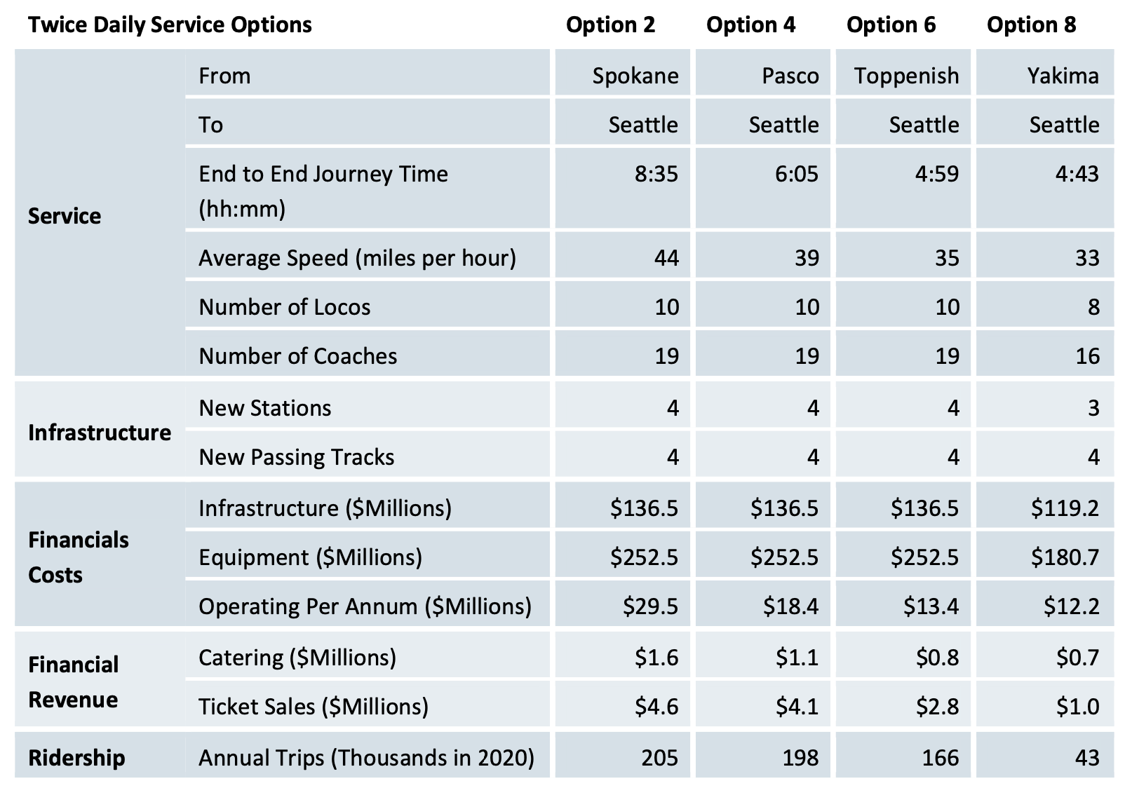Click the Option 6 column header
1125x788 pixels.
pos(891,25)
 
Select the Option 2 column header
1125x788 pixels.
pos(610,25)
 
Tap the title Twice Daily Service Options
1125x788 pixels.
pos(170,25)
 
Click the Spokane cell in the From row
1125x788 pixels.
pos(635,76)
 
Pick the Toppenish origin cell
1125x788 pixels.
pos(906,76)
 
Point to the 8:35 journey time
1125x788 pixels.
pos(656,174)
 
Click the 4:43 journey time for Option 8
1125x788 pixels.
pos(1077,174)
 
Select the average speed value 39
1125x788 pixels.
pos(807,258)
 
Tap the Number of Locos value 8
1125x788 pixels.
pos(1093,307)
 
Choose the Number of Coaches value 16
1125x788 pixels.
pos(1087,356)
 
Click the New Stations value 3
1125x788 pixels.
pos(1093,408)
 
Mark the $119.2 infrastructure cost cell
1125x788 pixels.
pos(1065,508)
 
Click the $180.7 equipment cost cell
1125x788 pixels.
pos(1065,557)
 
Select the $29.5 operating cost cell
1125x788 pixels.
pos(650,606)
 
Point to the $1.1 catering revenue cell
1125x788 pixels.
pos(797,658)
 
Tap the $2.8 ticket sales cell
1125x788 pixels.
pos(937,707)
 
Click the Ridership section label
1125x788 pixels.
pos(76,758)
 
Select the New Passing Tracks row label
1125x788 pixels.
pos(296,457)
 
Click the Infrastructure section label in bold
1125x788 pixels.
pos(99,433)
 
